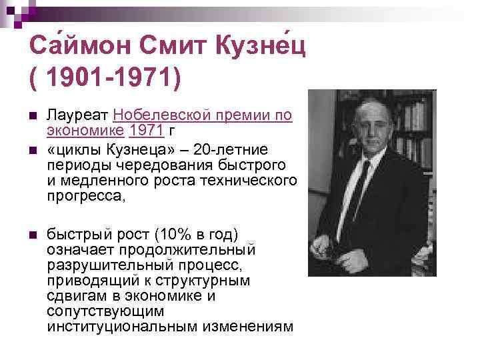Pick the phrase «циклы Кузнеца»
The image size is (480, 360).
(x=105, y=149)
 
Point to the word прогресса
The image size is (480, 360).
(x=86, y=197)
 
